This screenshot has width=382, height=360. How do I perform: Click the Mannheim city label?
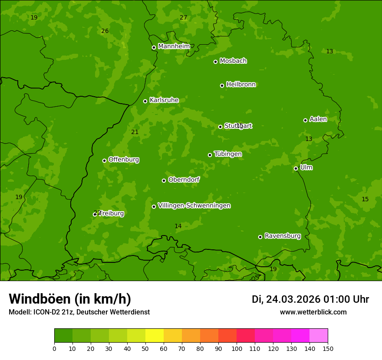click(x=174, y=46)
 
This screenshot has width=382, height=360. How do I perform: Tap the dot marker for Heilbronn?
click(x=222, y=85)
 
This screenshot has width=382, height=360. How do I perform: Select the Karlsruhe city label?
click(x=164, y=100)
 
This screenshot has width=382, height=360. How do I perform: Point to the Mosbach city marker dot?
click(x=215, y=62)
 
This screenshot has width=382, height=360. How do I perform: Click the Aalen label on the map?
click(x=318, y=119)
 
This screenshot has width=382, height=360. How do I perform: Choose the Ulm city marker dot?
click(x=296, y=168)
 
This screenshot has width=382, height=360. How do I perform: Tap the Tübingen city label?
click(x=227, y=154)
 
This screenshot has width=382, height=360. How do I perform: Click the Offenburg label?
click(x=123, y=160)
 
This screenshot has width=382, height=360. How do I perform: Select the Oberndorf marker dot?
click(x=164, y=180)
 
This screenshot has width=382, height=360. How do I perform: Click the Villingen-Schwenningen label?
click(x=194, y=206)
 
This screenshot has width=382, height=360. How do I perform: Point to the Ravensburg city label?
click(x=282, y=236)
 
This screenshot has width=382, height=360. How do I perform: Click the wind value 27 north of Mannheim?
click(x=183, y=18)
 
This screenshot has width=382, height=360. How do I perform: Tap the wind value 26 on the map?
click(x=105, y=31)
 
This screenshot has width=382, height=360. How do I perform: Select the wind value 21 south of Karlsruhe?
click(x=135, y=132)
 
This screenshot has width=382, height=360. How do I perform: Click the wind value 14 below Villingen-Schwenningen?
click(x=178, y=226)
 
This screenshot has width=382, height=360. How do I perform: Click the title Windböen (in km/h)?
click(x=70, y=299)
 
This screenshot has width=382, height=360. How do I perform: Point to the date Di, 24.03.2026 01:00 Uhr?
click(x=310, y=299)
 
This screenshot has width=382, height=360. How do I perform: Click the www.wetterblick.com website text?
click(x=313, y=312)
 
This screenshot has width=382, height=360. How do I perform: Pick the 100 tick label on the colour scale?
click(x=237, y=348)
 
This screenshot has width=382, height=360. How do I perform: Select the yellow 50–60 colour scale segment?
click(x=155, y=336)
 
